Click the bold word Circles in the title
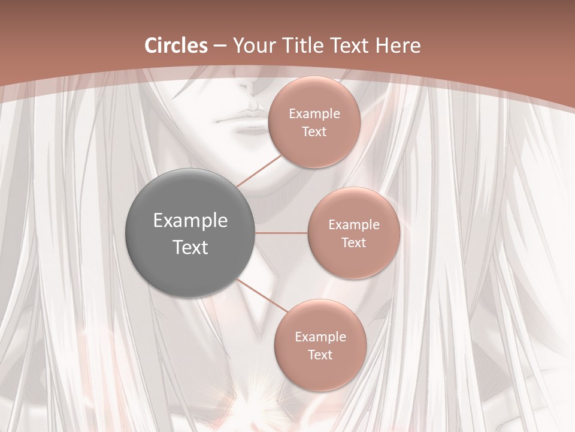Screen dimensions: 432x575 176,46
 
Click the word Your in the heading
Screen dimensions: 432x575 253,46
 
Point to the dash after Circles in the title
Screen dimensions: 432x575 220,46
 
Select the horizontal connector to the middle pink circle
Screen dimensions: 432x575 282,233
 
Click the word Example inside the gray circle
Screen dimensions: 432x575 190,221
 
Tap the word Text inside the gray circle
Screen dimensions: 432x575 190,247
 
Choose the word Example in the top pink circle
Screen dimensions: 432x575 314,114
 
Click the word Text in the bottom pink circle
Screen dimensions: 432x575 320,355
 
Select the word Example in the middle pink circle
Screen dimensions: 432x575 354,225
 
